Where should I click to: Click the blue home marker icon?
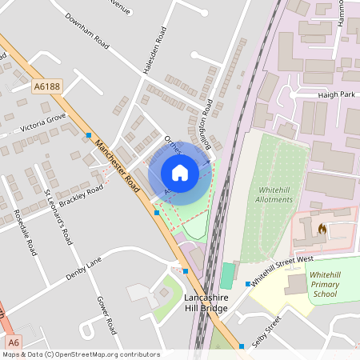(180, 172)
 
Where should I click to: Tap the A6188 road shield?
(46, 85)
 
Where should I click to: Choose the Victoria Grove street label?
(43, 122)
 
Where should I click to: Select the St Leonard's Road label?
(58, 217)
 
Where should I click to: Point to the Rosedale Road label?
(25, 233)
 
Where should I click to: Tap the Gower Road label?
(107, 314)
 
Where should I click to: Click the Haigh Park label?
(335, 94)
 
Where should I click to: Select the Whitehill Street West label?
(282, 270)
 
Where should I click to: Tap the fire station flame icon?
(322, 229)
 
